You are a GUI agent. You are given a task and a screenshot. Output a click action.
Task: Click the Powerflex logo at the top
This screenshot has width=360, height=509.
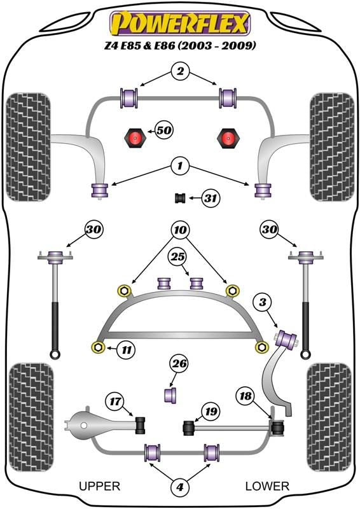tap(180, 24)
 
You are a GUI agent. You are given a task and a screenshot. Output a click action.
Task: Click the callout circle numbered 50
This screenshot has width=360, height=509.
tap(164, 130)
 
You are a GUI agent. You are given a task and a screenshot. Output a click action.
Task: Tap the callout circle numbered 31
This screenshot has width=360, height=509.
tap(211, 198)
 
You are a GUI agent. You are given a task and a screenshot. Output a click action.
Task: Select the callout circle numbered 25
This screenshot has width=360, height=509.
tap(178, 257)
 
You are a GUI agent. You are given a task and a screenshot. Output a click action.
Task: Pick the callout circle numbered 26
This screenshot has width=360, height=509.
tap(180, 363)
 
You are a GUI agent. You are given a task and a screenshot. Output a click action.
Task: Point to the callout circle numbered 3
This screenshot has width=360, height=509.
tap(263, 302)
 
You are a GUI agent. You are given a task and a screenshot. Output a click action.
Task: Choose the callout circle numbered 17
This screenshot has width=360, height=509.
tap(115, 402)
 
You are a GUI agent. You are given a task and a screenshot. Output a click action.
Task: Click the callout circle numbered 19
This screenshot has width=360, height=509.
tap(211, 412)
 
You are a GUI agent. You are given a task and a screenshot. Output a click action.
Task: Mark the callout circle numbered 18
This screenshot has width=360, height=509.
tap(246, 396)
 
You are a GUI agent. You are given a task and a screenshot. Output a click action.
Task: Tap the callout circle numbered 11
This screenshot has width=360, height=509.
tap(127, 350)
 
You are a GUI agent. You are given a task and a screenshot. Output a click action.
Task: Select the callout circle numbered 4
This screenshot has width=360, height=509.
tap(180, 487)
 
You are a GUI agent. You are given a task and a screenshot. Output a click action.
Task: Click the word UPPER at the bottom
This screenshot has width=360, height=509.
tap(99, 486)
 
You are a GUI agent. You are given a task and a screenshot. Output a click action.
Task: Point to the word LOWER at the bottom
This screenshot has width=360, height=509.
tap(267, 486)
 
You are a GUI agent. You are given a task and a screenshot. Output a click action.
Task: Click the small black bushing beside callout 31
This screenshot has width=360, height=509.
tap(180, 198)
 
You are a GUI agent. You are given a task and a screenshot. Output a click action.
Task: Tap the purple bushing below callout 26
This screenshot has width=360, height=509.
tap(170, 394)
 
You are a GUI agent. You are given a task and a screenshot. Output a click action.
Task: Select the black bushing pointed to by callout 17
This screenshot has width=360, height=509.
tap(141, 425)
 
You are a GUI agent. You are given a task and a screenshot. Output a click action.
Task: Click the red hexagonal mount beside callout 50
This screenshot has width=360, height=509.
tap(135, 138)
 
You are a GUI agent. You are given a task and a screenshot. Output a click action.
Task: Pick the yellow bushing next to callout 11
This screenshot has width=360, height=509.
tap(98, 347)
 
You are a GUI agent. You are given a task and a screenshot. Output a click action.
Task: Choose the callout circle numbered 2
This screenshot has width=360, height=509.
tap(180, 71)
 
